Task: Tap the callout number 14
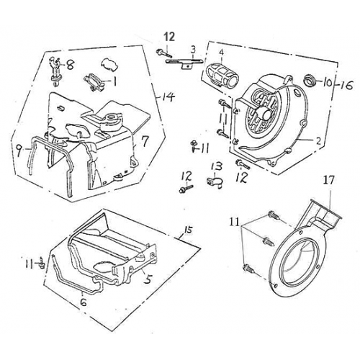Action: [168, 96]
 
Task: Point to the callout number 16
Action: [347, 85]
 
